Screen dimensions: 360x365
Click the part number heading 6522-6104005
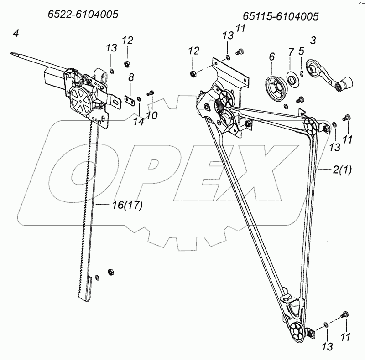pos(83,15)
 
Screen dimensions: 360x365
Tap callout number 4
pos(16,33)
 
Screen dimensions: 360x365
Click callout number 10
pos(152,116)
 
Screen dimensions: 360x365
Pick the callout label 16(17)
pos(127,206)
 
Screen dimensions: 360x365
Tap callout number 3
pos(313,40)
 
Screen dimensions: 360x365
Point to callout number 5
pos(301,51)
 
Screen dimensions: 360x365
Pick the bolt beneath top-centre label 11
pos(239,52)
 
